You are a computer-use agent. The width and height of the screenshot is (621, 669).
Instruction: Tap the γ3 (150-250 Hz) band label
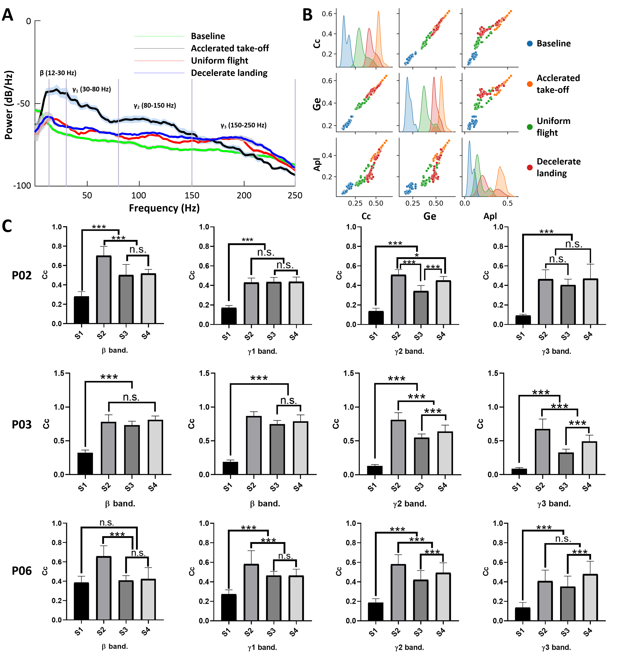[243, 125]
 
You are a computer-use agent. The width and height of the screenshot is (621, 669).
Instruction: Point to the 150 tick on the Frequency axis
[192, 195]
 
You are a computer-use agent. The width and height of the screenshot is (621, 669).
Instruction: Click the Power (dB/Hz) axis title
[9, 105]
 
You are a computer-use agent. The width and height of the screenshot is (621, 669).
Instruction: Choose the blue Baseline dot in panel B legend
[530, 43]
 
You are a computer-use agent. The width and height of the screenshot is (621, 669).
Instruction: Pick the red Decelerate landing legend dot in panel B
[530, 167]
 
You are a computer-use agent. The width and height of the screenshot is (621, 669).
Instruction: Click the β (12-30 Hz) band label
[58, 73]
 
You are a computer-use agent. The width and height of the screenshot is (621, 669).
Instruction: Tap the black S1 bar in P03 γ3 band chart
[519, 471]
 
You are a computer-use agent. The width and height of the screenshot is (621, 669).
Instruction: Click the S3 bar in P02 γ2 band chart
[421, 308]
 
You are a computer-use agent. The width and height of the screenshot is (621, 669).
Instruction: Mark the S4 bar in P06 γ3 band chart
[590, 597]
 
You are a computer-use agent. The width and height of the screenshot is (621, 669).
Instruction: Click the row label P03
[22, 425]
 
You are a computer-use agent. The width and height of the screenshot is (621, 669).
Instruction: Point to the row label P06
[22, 571]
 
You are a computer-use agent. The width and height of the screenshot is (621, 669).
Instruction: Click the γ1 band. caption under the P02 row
[262, 351]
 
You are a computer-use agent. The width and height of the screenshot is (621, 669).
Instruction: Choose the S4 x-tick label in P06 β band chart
[146, 632]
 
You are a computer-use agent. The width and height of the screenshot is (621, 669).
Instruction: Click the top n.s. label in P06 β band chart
[107, 523]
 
